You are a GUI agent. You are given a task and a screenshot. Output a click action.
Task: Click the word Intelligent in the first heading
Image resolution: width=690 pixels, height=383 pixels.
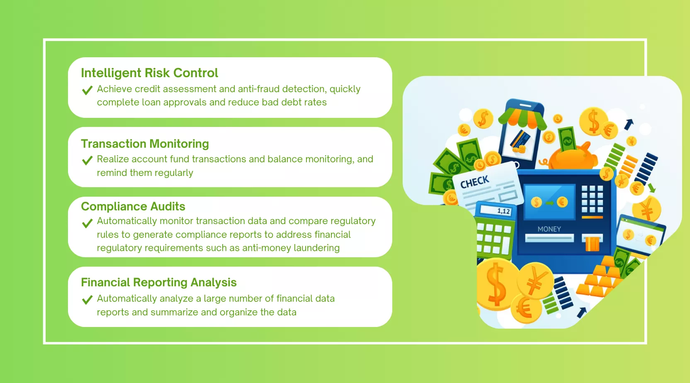point(111,73)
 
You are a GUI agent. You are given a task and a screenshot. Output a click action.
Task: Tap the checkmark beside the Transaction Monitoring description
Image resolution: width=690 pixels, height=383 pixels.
point(87,160)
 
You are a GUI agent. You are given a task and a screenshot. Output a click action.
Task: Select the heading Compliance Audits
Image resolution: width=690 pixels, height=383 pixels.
point(133,206)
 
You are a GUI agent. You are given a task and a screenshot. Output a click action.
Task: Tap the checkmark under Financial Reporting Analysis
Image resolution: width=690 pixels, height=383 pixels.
point(87,300)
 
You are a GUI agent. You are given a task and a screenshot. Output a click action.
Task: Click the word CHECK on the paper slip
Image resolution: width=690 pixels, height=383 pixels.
point(475,182)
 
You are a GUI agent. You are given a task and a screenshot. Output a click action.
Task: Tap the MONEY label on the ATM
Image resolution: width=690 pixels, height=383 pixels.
point(549,229)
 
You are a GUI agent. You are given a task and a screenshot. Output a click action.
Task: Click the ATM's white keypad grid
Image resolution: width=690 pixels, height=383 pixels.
point(592,199)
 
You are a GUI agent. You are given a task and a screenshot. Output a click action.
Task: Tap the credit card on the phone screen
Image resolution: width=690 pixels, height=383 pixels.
point(520,139)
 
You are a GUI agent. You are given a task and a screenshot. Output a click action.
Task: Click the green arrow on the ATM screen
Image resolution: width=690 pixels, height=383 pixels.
point(549,203)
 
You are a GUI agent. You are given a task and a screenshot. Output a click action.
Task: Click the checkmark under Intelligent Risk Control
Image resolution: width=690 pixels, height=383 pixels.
point(87,90)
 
